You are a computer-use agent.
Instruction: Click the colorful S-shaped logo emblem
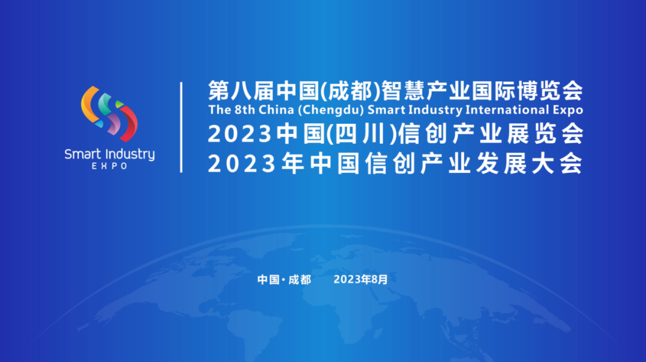109,113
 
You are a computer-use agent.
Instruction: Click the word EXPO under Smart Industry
109,166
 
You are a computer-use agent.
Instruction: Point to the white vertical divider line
181,127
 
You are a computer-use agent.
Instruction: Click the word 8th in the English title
245,110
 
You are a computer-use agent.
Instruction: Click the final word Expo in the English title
566,111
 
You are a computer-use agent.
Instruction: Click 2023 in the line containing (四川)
240,134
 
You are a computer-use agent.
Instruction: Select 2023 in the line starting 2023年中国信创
242,164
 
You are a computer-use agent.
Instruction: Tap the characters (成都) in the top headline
350,91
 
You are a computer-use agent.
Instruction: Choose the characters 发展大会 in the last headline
529,164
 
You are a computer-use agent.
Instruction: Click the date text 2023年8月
361,279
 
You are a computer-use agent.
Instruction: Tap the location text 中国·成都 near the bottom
284,279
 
